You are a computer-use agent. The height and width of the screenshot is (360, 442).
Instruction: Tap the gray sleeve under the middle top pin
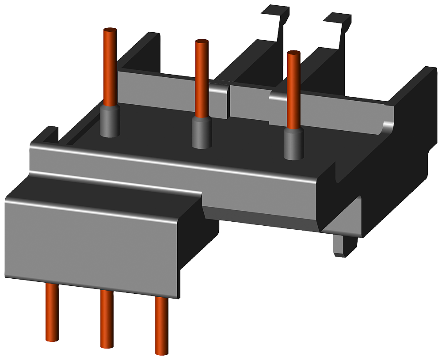click(x=201, y=133)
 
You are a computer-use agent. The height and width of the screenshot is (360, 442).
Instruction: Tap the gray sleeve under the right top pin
click(x=293, y=144)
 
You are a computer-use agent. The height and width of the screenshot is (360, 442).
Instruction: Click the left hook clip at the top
click(x=276, y=20)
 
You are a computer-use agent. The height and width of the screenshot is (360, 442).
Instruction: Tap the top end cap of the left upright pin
click(x=110, y=30)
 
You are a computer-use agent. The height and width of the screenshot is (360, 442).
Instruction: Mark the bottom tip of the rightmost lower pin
click(x=161, y=352)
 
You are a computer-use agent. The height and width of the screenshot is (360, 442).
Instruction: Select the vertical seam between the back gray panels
click(x=229, y=102)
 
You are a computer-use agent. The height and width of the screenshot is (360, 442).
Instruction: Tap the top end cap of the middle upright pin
click(x=202, y=42)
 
